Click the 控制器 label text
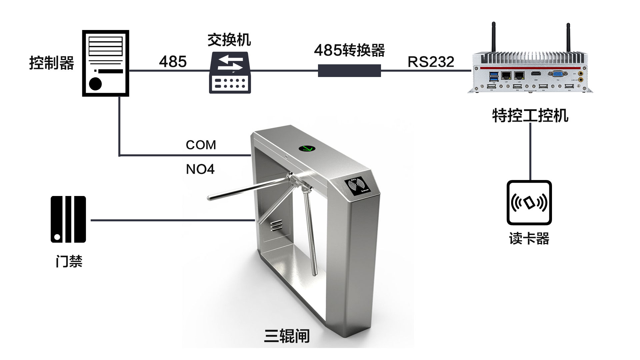point(52,63)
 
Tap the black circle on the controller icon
point(95,84)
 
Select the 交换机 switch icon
point(230,72)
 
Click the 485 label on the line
point(173,62)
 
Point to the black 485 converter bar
point(349,71)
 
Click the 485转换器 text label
point(349,50)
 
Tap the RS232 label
point(431,62)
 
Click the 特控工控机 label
point(530,116)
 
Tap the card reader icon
point(529,203)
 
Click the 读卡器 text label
point(529,239)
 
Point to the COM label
point(201,145)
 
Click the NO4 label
point(200,169)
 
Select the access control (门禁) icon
point(68,219)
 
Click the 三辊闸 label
point(287,336)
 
